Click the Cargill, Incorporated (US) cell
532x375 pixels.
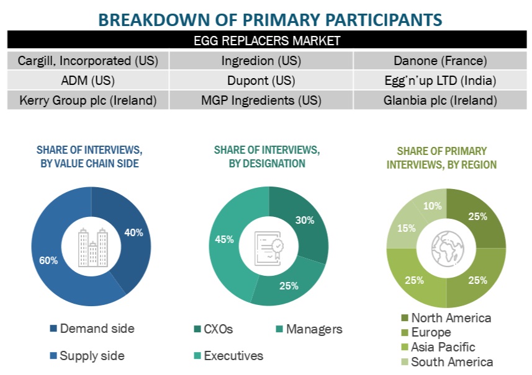tap(88, 61)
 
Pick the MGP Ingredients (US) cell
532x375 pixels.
tap(261, 100)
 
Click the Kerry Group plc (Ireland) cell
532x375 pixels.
tap(88, 100)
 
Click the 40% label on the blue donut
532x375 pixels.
tap(133, 233)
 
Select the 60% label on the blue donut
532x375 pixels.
tap(48, 260)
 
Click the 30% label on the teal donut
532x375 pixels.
tap(305, 220)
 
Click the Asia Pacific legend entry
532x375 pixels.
tap(443, 347)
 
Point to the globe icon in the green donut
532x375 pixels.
tap(447, 248)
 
